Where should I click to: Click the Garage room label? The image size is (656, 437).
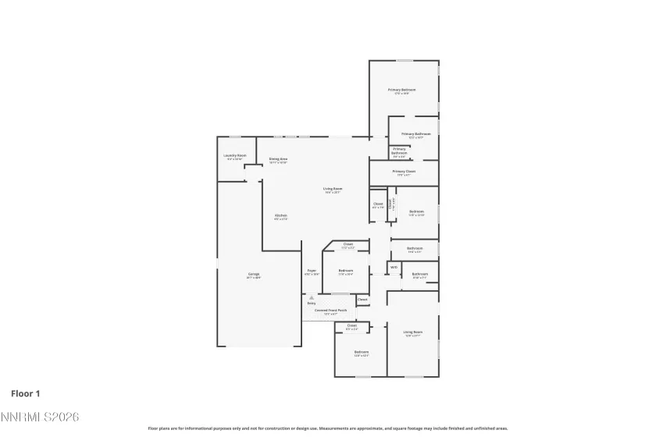click(254, 274)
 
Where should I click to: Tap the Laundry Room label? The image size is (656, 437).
click(234, 155)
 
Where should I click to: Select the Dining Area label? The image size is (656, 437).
click(279, 158)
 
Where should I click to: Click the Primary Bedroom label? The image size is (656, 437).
click(402, 90)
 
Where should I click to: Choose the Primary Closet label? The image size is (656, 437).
click(404, 171)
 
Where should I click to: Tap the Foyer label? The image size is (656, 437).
click(312, 270)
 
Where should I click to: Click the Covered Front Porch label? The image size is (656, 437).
click(331, 311)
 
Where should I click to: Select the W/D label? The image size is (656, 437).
click(394, 268)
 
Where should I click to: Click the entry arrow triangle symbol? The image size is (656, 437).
click(311, 297)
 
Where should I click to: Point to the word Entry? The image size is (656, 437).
click(311, 304)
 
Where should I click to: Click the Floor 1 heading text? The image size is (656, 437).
click(25, 394)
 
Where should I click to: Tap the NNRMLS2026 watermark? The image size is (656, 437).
click(40, 418)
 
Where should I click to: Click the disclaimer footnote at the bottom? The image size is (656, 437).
click(328, 428)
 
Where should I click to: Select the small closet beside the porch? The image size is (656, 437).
click(362, 300)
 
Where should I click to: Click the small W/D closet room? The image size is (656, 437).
click(394, 268)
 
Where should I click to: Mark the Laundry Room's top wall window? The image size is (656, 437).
click(234, 137)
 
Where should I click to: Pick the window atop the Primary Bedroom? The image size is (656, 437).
click(405, 61)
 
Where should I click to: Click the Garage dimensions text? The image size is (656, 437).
click(254, 277)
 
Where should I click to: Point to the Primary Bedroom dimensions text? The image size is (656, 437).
click(402, 94)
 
